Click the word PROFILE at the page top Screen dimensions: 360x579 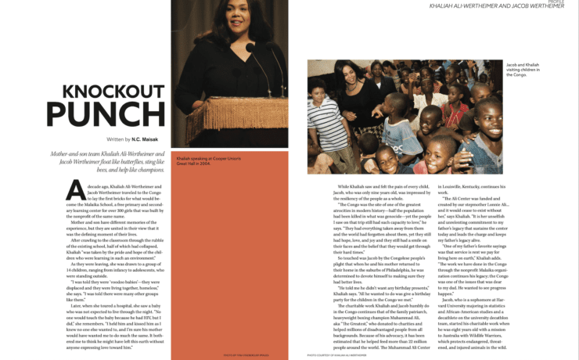(x=556, y=2)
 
